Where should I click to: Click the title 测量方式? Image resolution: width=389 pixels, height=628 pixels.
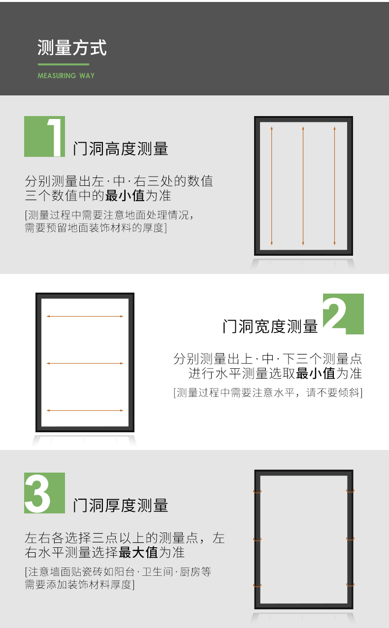tap(72, 48)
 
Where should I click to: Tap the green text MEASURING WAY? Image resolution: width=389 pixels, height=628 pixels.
tap(66, 76)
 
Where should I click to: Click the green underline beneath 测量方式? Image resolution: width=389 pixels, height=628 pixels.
tap(64, 64)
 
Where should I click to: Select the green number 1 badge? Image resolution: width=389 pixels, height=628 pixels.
tap(44, 136)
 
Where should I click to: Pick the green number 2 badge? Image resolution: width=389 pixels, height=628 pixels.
tap(343, 314)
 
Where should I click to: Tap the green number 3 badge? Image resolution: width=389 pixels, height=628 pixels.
tap(44, 493)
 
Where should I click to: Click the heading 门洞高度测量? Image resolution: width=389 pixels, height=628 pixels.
tap(121, 149)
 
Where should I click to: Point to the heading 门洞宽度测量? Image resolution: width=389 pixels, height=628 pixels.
tap(270, 327)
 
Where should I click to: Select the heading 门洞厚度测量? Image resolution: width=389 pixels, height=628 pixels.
tap(121, 505)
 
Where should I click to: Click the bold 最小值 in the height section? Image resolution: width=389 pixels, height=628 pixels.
tap(125, 196)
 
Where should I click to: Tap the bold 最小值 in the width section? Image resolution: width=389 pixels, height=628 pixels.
tap(316, 373)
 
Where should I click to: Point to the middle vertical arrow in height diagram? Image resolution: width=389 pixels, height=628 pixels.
tap(303, 186)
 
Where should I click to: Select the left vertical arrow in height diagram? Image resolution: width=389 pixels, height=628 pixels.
tap(272, 186)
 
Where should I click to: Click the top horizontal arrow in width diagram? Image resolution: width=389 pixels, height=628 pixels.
tap(85, 316)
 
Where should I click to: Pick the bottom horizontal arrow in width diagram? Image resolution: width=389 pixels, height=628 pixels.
tap(85, 411)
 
